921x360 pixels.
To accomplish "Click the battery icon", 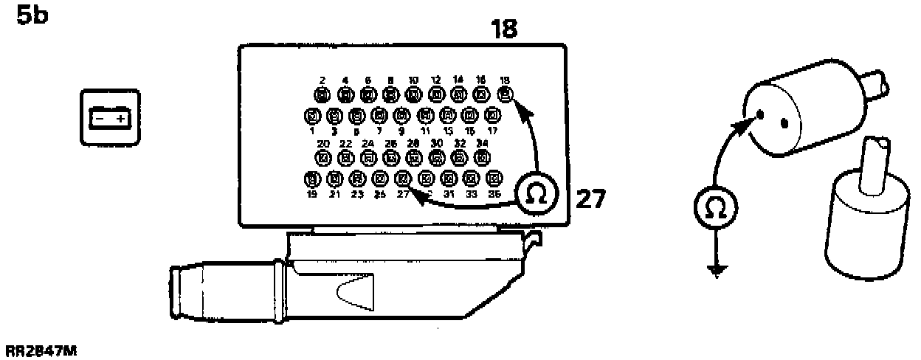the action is [109, 117].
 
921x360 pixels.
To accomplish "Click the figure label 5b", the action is [32, 15].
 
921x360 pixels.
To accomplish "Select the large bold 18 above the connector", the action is [504, 29].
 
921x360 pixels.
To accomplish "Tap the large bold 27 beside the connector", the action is [590, 198].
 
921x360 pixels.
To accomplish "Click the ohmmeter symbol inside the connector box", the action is [537, 193].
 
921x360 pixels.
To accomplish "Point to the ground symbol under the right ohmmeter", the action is [715, 271].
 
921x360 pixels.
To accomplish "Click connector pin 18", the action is [505, 94].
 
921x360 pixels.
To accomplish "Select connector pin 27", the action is [403, 178].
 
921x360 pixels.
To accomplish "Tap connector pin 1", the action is [311, 116].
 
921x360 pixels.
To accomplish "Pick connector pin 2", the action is [322, 94].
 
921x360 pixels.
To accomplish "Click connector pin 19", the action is [311, 178].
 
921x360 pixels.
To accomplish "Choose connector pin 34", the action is [482, 156].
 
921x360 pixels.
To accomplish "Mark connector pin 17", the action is [493, 116].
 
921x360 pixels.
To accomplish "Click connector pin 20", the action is [322, 156].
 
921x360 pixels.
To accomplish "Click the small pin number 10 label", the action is [413, 80].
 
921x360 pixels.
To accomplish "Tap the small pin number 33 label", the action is [472, 194].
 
